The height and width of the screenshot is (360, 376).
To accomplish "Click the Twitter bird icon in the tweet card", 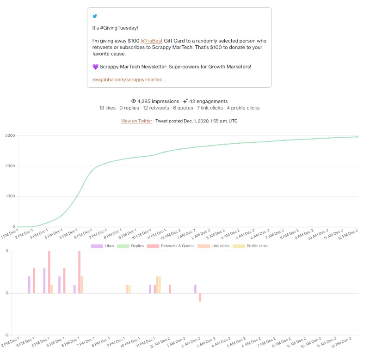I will pyautogui.click(x=95, y=16).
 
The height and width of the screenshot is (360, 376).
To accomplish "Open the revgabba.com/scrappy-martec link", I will pyautogui.click(x=129, y=79).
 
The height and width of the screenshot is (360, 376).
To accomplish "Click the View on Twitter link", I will pyautogui.click(x=136, y=121).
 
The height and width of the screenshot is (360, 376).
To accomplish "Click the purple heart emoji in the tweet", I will pyautogui.click(x=95, y=67).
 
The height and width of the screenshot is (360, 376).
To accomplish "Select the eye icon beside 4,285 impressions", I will pyautogui.click(x=134, y=101).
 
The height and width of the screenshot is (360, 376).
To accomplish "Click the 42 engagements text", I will pyautogui.click(x=208, y=101).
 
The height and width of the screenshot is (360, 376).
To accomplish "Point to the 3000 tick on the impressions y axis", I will pyautogui.click(x=10, y=135).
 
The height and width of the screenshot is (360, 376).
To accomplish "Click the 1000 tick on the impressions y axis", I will pyautogui.click(x=10, y=196).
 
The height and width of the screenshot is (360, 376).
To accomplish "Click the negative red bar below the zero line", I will pyautogui.click(x=200, y=297).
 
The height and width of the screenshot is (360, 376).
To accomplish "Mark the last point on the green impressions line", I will pyautogui.click(x=358, y=137).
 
